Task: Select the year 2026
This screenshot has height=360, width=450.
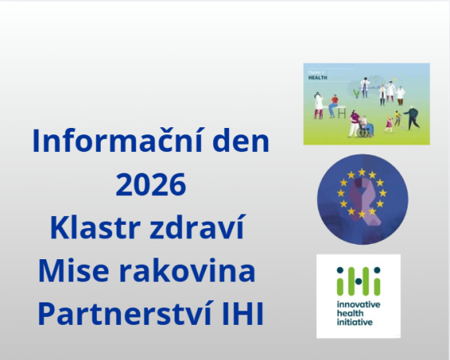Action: click(x=151, y=186)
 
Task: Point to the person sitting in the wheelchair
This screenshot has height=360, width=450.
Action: click(x=359, y=126)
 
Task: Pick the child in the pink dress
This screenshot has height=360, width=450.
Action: click(x=391, y=122)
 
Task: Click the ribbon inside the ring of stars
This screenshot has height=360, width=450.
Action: click(x=361, y=197)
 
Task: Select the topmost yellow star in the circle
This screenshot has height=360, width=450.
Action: click(x=361, y=170)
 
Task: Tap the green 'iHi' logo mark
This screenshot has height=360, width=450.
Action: click(x=358, y=280)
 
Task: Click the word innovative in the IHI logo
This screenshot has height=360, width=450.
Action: click(x=359, y=307)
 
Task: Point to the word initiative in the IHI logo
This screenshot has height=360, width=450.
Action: click(x=355, y=323)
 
